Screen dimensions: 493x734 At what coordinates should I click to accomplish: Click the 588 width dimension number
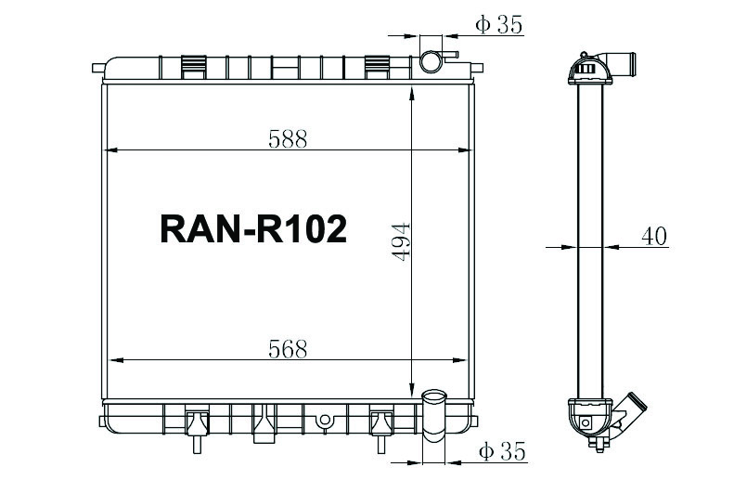287,138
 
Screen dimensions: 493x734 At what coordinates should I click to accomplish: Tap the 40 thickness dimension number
654,236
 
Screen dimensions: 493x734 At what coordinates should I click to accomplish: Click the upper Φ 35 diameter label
498,25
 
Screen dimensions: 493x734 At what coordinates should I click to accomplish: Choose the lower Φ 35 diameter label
502,452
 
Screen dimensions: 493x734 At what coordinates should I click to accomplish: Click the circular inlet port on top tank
431,62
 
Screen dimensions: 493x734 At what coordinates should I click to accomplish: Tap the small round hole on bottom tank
323,420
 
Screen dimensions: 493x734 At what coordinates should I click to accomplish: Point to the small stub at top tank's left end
97,67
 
